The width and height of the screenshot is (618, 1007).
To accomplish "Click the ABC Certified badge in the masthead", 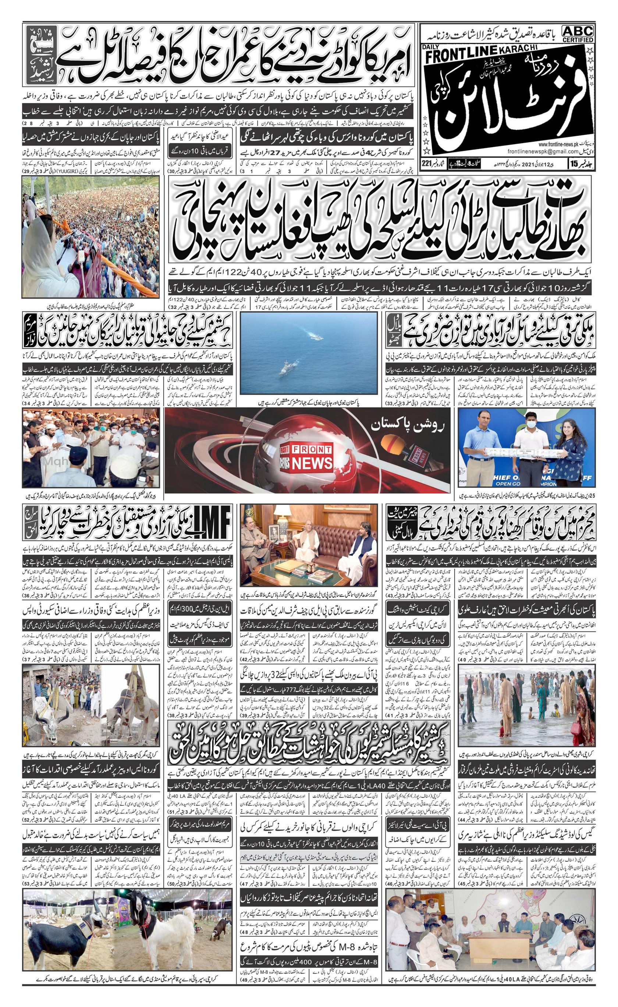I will [x=577, y=34].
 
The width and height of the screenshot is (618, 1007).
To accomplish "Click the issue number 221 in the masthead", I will [x=427, y=164].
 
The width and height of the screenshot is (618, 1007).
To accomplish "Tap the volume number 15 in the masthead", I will [x=574, y=164].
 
